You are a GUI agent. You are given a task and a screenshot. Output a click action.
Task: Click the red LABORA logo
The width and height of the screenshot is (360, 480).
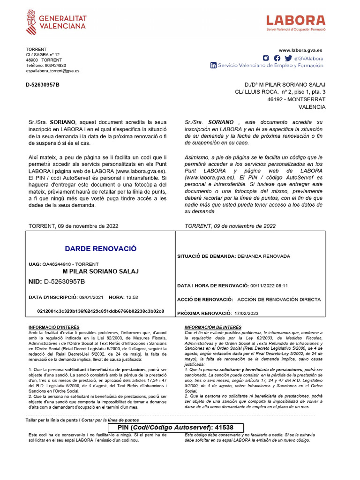click(295, 22)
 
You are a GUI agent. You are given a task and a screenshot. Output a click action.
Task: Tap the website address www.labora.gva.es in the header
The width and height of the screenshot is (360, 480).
click(300, 50)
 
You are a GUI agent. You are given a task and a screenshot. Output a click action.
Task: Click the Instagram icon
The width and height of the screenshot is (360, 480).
click(266, 58)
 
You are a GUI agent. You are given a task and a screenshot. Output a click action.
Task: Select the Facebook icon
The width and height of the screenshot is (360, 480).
click(277, 58)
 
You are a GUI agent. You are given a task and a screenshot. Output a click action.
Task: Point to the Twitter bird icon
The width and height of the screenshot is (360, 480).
click(288, 58)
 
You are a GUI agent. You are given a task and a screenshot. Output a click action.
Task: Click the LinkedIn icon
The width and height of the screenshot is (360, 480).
click(214, 66)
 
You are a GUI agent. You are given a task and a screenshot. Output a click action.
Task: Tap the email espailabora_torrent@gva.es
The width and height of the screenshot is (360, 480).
click(52, 71)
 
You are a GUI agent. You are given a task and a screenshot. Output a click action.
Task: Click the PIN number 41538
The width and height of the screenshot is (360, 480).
click(224, 428)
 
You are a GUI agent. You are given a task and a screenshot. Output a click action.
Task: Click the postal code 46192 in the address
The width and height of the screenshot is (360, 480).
click(275, 99)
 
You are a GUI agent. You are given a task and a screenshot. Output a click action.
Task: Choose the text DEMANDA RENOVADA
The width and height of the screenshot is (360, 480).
click(264, 256)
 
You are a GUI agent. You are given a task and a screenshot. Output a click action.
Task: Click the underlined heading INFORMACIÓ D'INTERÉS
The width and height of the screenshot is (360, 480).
click(54, 327)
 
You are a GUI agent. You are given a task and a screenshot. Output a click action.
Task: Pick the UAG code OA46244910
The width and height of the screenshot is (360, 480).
click(58, 264)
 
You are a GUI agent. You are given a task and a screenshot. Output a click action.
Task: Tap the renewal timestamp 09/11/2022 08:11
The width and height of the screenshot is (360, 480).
click(269, 285)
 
